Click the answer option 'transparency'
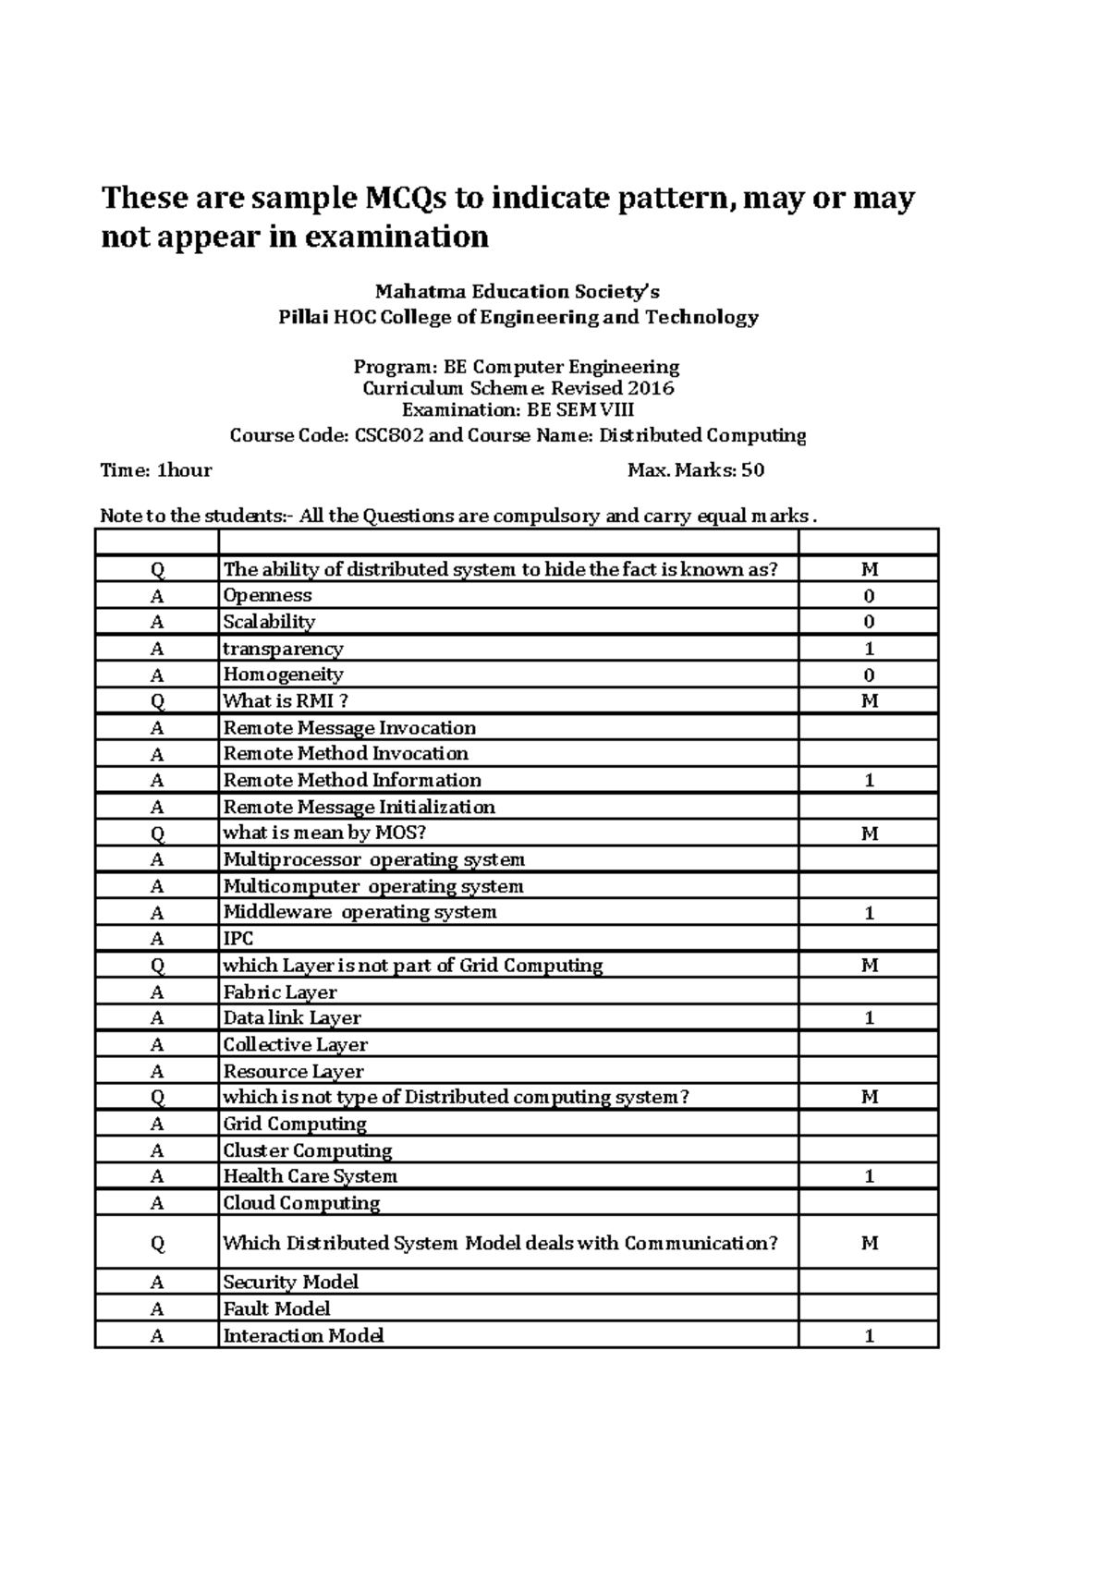[x=283, y=649]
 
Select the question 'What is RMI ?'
[x=286, y=701]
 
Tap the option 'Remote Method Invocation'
[x=346, y=754]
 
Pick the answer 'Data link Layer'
[x=292, y=1018]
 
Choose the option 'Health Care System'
[x=310, y=1176]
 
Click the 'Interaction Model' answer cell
[x=303, y=1335]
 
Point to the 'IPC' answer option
[x=238, y=939]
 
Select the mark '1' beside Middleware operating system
[x=869, y=913]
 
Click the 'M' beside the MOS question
[x=869, y=833]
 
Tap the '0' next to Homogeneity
[x=869, y=675]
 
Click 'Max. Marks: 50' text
[x=696, y=470]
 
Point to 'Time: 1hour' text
[x=156, y=470]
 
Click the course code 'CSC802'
[x=389, y=435]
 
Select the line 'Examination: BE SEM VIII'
[x=518, y=410]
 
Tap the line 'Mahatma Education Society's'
[x=518, y=292]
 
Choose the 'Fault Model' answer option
[x=276, y=1308]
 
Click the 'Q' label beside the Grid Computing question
[x=157, y=966]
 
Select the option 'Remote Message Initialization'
[x=359, y=808]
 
